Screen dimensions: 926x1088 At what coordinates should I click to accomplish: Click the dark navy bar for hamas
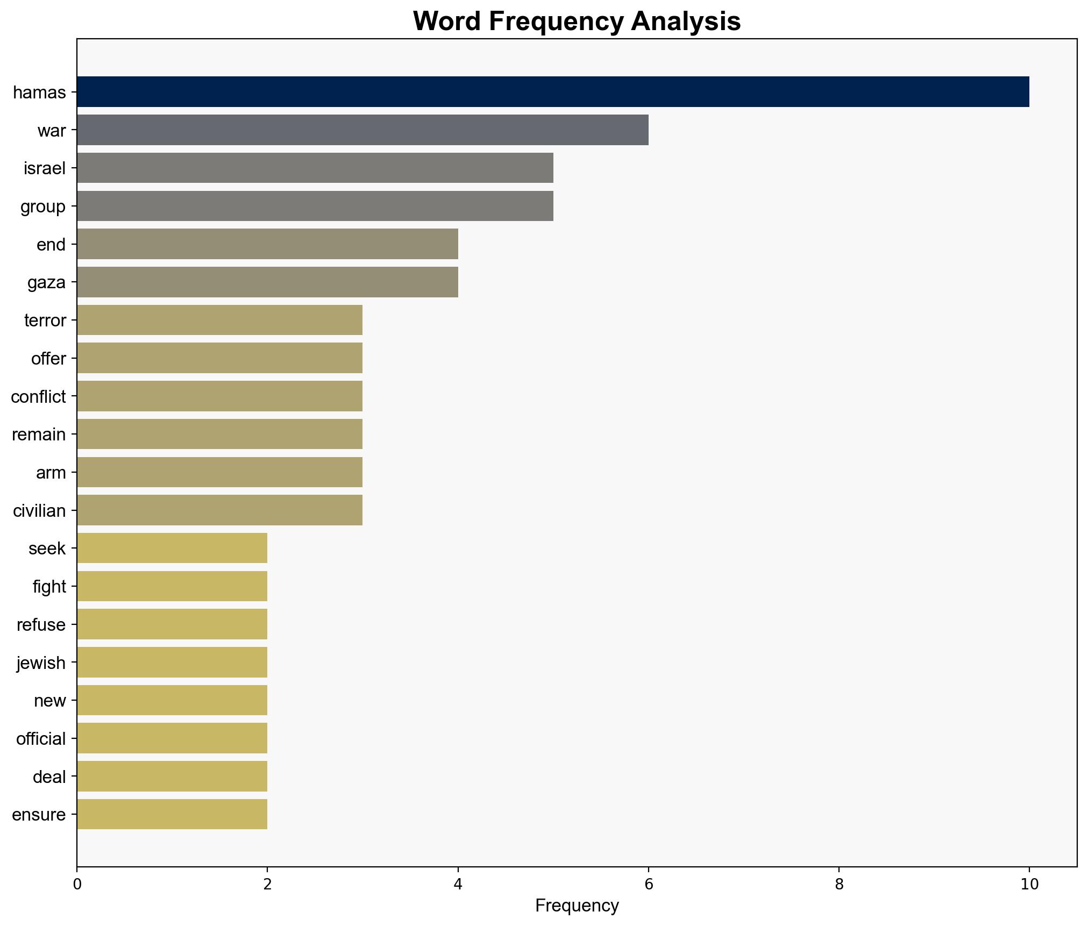[553, 92]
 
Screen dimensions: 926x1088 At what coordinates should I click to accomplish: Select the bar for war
[362, 130]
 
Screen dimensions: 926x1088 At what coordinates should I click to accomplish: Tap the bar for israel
[315, 168]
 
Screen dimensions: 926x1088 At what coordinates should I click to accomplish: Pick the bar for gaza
[267, 282]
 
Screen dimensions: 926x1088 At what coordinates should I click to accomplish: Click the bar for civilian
[219, 510]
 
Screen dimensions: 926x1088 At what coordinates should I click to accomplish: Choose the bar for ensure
[172, 814]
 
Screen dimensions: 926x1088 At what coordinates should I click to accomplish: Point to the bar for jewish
[172, 663]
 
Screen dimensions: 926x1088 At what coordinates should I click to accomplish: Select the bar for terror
[219, 320]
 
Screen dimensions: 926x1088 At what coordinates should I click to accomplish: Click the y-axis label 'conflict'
[38, 397]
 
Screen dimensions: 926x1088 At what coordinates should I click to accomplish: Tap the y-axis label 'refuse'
[41, 625]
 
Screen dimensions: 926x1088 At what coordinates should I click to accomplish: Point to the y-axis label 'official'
[41, 739]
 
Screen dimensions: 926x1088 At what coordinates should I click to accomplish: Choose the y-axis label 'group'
[43, 206]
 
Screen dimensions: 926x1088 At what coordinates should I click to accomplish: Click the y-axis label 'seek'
[47, 549]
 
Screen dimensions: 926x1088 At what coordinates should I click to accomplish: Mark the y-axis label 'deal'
[49, 777]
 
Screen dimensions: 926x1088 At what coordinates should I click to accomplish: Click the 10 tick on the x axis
[1029, 885]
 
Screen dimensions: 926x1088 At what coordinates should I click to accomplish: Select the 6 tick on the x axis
[648, 885]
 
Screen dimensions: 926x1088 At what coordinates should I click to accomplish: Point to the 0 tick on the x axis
[77, 885]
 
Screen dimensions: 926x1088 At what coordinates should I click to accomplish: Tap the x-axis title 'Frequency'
[577, 906]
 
